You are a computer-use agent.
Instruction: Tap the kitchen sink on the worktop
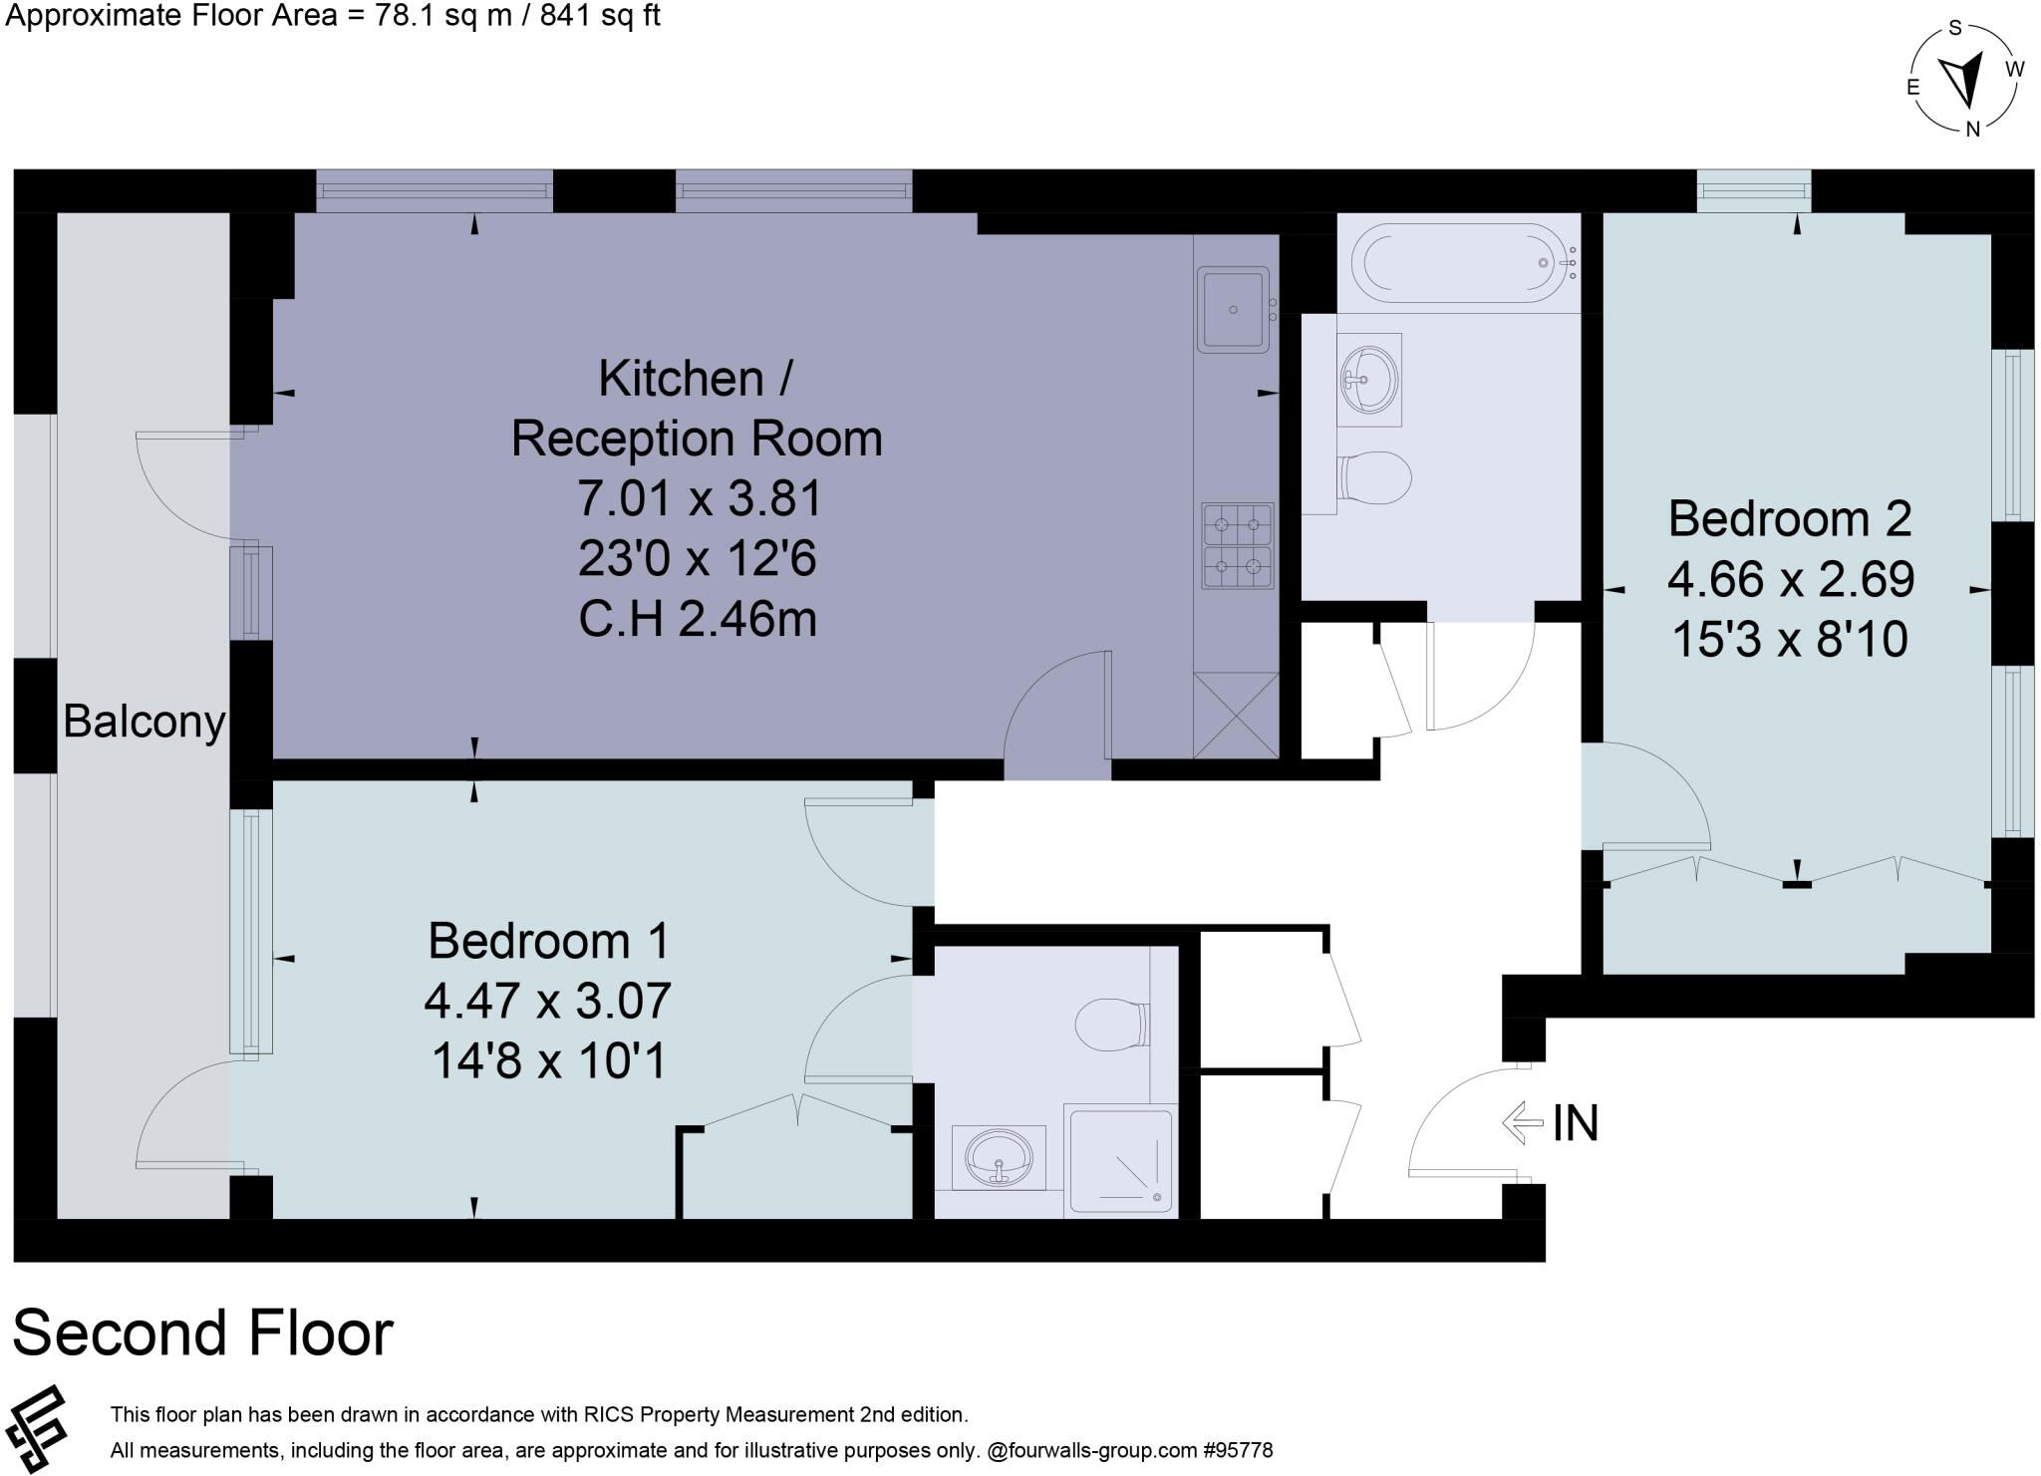pos(1234,309)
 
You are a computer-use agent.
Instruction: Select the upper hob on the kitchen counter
pos(1237,522)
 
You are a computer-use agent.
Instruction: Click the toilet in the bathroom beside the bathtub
pos(1375,477)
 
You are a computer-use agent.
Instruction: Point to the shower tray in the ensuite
pos(1120,1159)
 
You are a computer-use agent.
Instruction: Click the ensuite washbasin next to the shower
pos(999,1158)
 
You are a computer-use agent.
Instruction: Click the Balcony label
pos(144,721)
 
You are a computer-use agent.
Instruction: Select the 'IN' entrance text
pos(1575,1123)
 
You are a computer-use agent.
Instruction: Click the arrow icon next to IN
pos(1522,1123)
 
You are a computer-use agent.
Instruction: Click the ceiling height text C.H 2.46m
pos(698,619)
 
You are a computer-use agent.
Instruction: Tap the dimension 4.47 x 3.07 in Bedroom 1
pos(547,1001)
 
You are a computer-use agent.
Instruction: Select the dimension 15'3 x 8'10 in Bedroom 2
pos(1790,639)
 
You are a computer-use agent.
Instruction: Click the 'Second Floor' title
pos(203,1333)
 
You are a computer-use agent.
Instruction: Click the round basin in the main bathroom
pos(1369,379)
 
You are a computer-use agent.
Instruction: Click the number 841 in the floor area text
pos(564,16)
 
